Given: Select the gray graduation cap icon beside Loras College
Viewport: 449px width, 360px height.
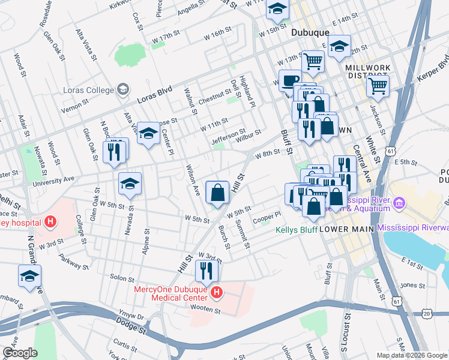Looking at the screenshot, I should [123, 90].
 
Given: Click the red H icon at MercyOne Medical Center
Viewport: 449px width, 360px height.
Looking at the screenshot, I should [216, 293].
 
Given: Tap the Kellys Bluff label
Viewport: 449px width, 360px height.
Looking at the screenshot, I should [295, 230].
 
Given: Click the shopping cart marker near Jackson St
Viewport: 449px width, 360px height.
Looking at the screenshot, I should [378, 85].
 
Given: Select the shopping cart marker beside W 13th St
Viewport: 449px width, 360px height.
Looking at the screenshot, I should [313, 60].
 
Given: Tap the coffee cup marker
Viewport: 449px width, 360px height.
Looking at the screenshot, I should [291, 80].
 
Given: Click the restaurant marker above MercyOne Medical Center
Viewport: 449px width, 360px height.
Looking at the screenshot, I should [206, 271].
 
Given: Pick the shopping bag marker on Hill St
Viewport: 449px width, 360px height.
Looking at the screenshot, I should [217, 192].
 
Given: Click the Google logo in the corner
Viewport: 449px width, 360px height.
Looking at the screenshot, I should [20, 352].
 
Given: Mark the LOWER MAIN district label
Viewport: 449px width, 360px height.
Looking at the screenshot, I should [348, 229].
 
